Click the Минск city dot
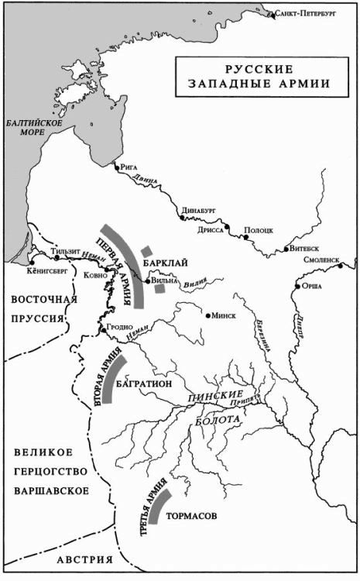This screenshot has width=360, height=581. (208, 315)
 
